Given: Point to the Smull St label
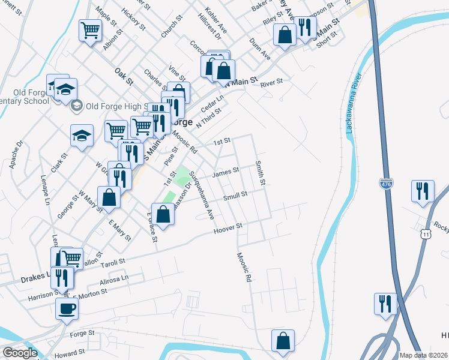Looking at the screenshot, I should pos(235,195).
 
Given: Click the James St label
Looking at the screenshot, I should pos(226,171).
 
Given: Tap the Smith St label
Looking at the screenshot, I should pos(260,172).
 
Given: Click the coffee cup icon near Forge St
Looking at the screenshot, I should pos(67,308).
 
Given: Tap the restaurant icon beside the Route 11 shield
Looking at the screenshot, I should pos(423,191).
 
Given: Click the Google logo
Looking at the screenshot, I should pos(20,353).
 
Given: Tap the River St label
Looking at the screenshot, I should pos(271,82).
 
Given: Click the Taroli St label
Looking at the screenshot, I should pos(112,262).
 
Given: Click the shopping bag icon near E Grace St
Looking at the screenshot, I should pos(163,214).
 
